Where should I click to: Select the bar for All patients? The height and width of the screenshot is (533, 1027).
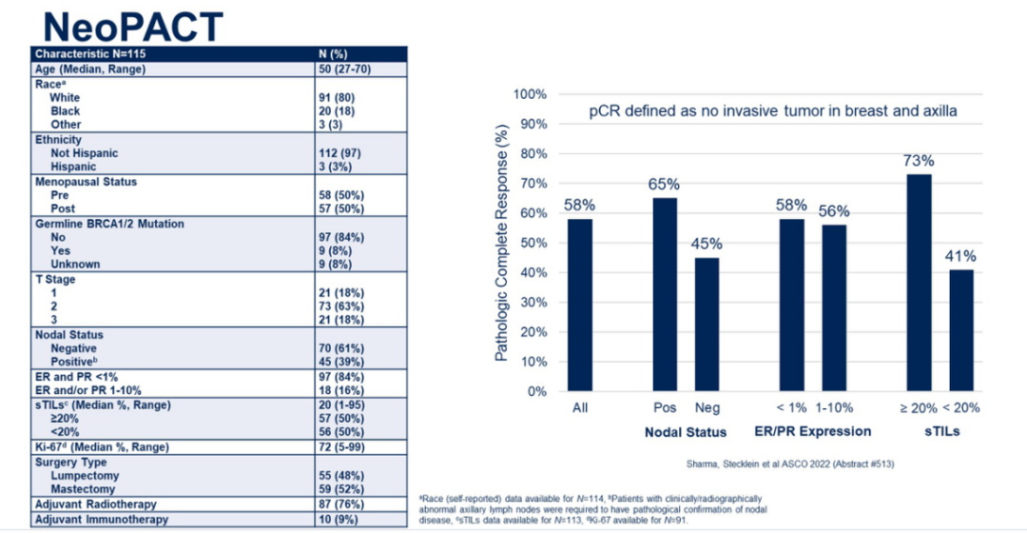[x=580, y=305]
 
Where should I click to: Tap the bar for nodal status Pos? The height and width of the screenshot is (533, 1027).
[x=666, y=294]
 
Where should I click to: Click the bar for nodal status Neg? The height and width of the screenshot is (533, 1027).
[x=707, y=324]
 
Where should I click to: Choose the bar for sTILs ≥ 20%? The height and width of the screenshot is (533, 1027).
[x=920, y=282]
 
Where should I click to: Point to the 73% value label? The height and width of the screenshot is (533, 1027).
[x=920, y=161]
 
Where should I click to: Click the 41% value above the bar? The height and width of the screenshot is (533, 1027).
[x=960, y=256]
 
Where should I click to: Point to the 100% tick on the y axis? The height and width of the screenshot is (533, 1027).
[x=530, y=94]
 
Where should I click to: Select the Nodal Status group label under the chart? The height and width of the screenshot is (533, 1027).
[x=686, y=432]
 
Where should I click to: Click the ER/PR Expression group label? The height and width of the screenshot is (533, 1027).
[x=814, y=431]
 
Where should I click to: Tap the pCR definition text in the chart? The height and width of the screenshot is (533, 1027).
[x=772, y=111]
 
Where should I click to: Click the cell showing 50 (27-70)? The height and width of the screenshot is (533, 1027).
[x=349, y=69]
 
